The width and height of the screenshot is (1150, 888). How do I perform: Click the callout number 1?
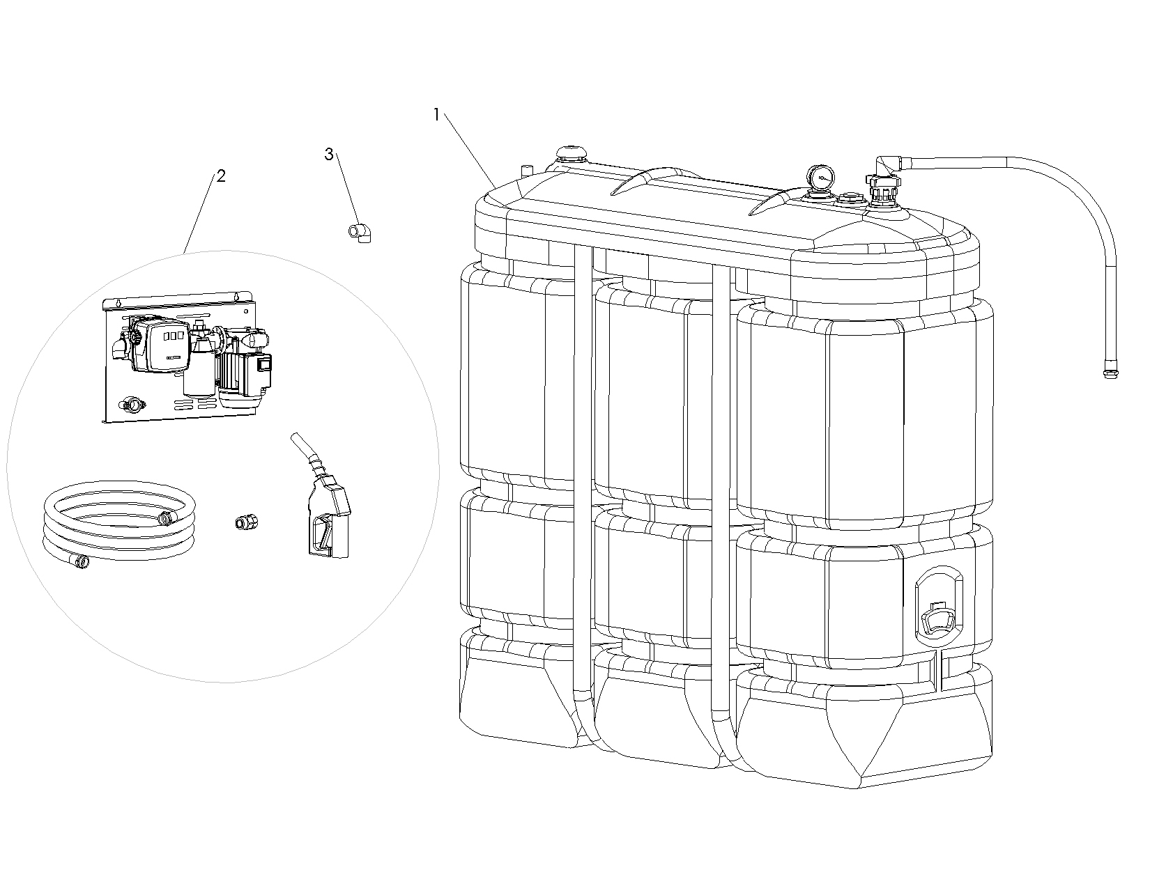coord(436,115)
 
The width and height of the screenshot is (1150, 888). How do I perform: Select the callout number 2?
coord(221,176)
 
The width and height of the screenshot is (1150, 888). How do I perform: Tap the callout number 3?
coord(329,155)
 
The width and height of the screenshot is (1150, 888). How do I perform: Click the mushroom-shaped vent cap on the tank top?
coord(572,153)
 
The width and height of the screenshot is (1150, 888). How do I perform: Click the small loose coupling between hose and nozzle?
coord(244,522)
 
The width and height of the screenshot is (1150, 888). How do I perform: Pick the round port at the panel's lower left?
coord(130,403)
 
